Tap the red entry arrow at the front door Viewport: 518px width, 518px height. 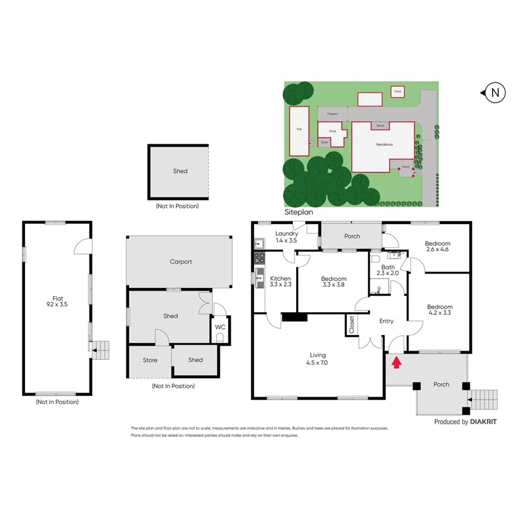tap(396, 363)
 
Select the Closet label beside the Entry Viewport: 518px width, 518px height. tap(351, 325)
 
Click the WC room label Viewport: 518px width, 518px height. tap(220, 326)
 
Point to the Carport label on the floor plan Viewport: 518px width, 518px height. tap(181, 261)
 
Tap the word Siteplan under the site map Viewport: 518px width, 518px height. tap(298, 212)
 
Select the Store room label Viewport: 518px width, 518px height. tap(150, 360)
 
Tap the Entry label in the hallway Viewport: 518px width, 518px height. tap(386, 321)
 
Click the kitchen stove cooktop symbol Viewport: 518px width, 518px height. tap(260, 257)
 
